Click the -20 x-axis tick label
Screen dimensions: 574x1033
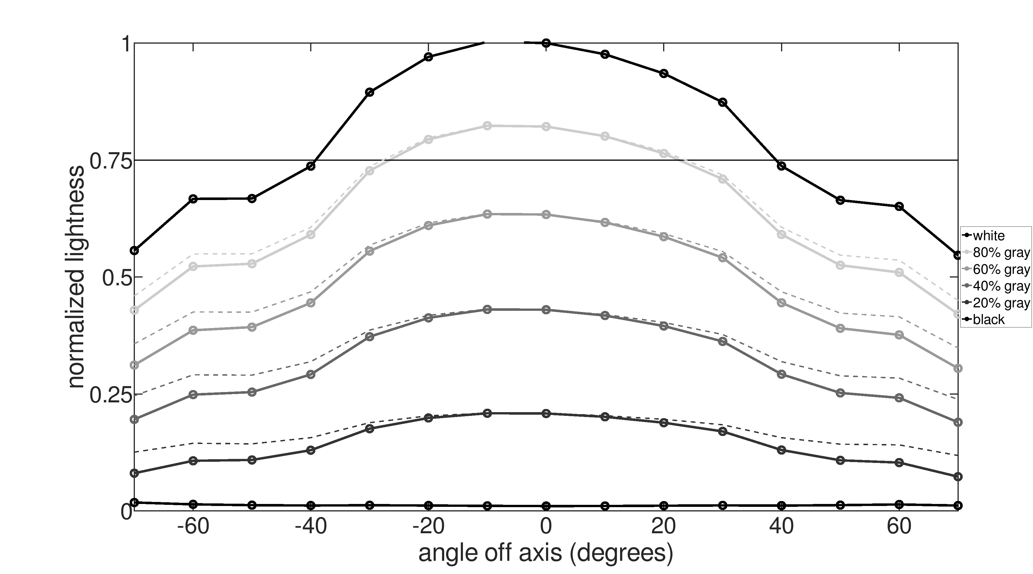[428, 526]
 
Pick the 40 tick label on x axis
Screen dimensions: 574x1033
[781, 526]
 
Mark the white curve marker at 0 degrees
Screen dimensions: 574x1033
[546, 43]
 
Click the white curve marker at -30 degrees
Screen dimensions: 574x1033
[370, 92]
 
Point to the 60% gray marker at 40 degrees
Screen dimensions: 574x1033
[781, 303]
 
